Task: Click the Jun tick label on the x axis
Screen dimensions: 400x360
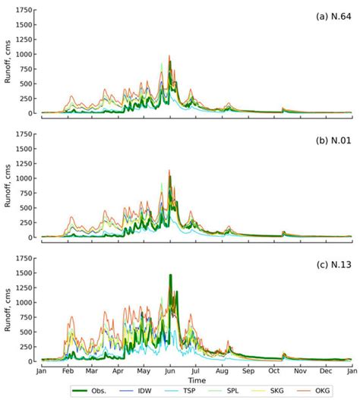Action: click(171, 371)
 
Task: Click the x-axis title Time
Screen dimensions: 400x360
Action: click(197, 379)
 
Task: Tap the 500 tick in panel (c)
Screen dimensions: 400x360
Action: click(27, 332)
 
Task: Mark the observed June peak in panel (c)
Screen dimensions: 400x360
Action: click(170, 276)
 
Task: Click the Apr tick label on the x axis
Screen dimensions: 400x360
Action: click(118, 371)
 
